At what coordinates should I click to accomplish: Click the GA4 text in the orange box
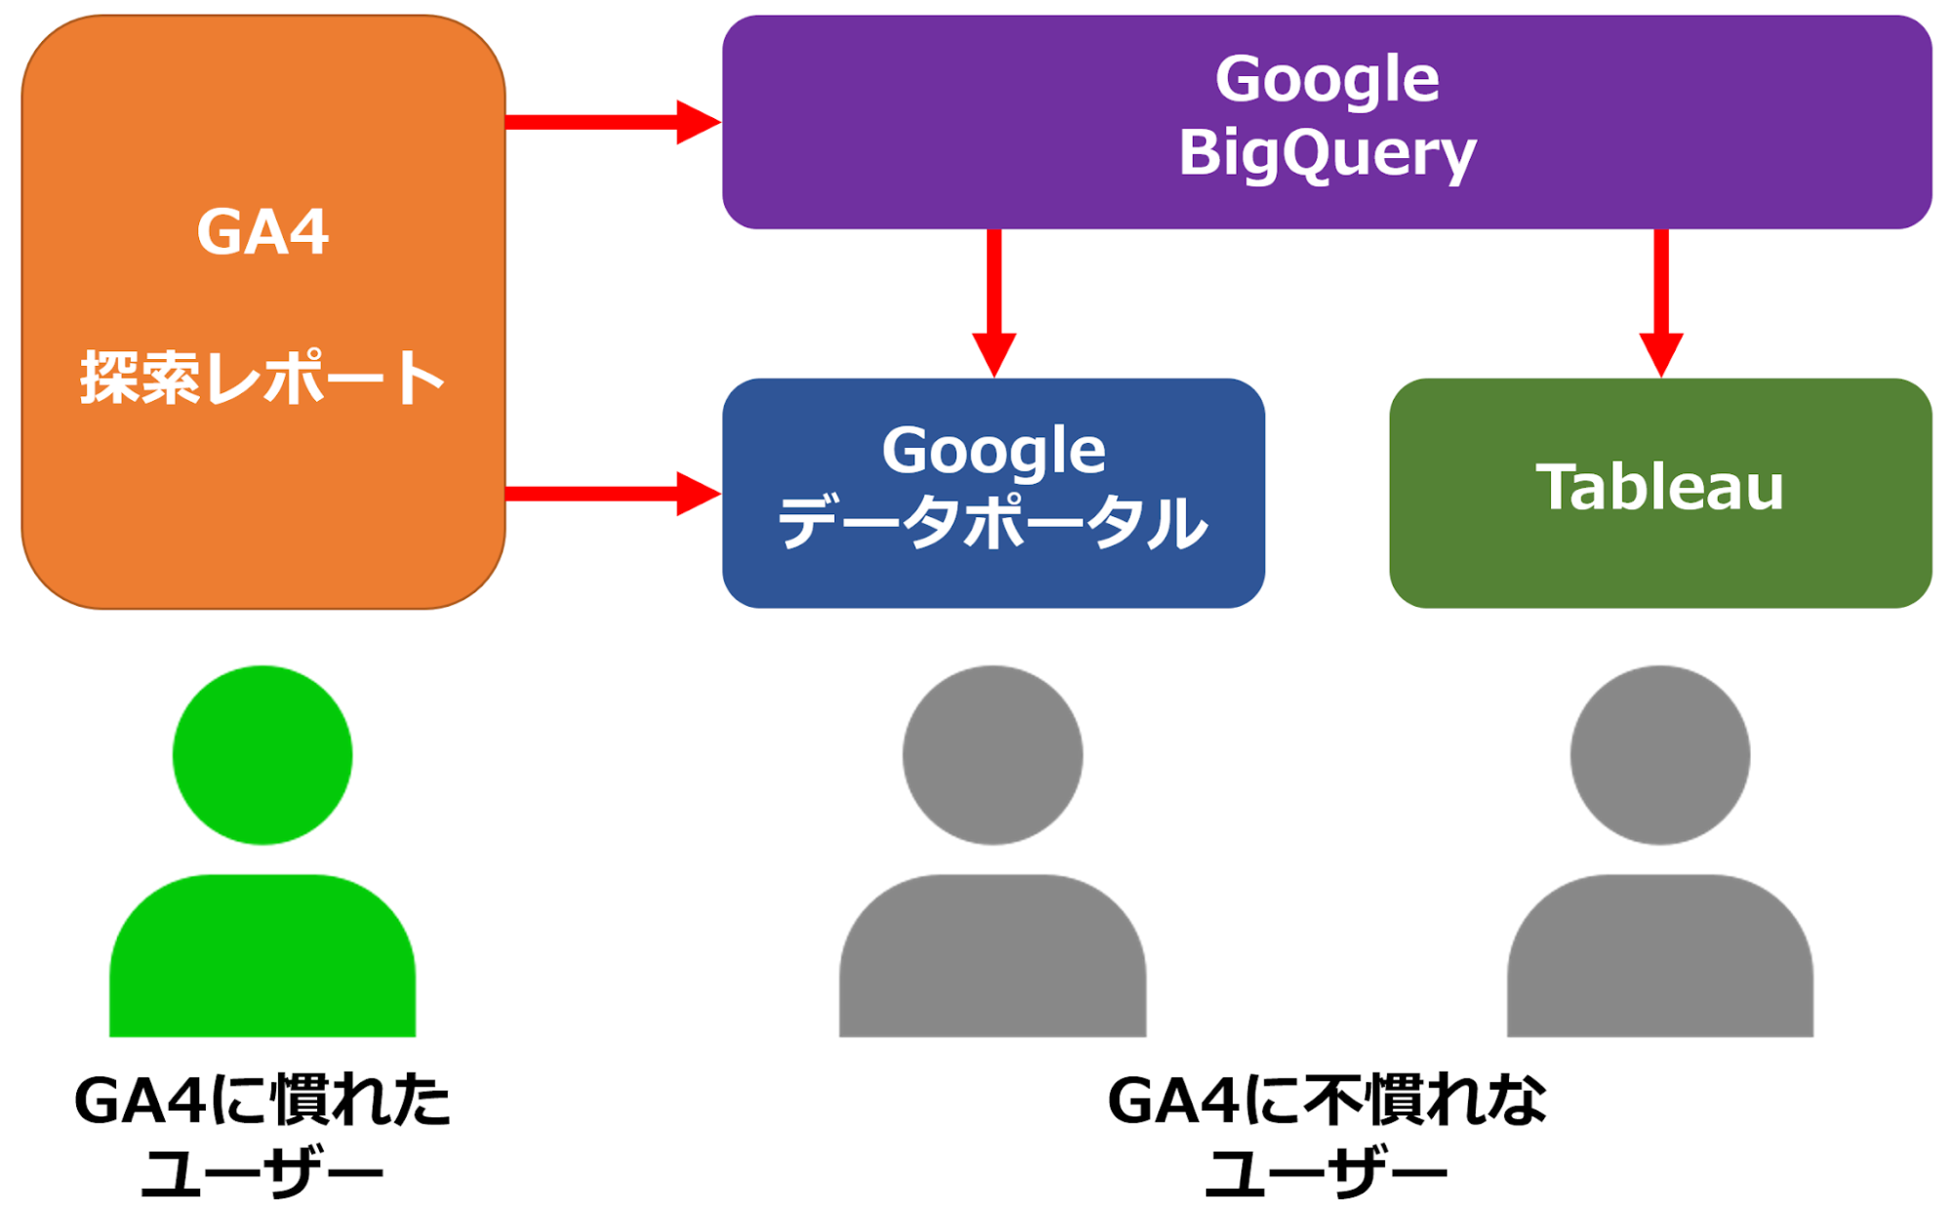[x=263, y=232]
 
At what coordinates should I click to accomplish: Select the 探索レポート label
[x=263, y=378]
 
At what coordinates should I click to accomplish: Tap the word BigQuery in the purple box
[x=1326, y=153]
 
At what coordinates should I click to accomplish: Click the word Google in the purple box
[x=1326, y=79]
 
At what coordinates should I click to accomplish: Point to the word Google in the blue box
[x=994, y=451]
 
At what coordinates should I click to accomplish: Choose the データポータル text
[x=994, y=523]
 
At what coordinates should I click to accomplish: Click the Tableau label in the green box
[x=1659, y=487]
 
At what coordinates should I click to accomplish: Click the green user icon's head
[x=263, y=754]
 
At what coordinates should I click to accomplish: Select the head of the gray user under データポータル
[x=993, y=754]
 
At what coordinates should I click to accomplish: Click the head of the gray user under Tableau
[x=1659, y=754]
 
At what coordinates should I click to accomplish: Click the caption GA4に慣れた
[x=263, y=1101]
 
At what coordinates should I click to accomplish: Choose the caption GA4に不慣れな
[x=1326, y=1101]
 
